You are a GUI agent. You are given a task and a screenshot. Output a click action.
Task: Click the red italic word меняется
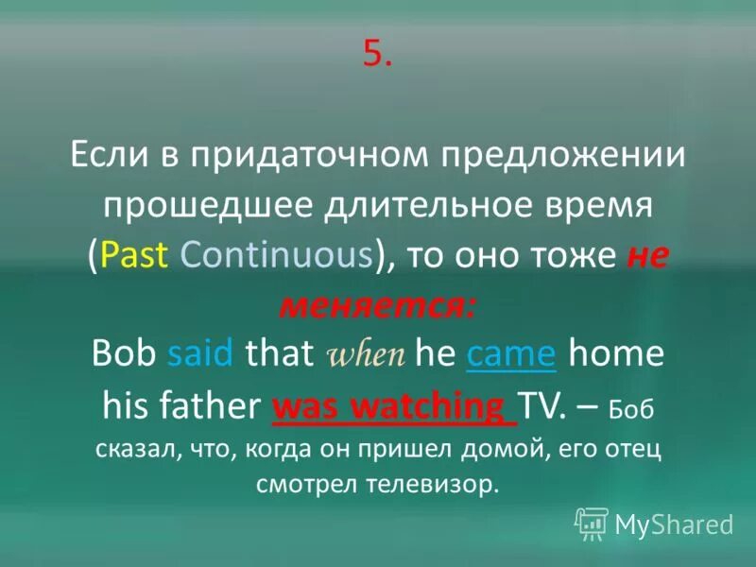[x=377, y=304]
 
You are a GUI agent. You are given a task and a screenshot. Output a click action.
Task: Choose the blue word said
[x=201, y=355]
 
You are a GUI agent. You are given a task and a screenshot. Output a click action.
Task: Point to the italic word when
[x=366, y=357]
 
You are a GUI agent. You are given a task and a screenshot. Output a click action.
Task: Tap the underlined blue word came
[x=510, y=355]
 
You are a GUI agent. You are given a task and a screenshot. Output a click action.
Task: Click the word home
[x=614, y=355]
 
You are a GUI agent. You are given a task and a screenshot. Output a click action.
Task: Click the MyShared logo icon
[x=592, y=521]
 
